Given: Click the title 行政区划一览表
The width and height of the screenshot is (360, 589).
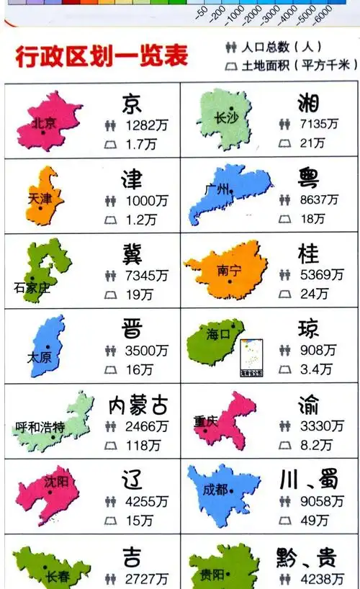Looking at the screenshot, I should [102, 56].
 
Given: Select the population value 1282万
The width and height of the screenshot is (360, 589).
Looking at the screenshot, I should [146, 125].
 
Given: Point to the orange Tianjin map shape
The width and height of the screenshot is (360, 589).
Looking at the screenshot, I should [45, 194].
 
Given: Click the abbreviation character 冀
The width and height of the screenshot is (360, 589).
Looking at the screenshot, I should [132, 253].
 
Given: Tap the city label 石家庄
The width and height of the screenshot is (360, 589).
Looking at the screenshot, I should [32, 288].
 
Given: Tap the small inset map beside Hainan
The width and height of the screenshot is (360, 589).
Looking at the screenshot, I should [251, 359].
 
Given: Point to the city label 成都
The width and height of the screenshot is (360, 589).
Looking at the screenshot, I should [215, 490].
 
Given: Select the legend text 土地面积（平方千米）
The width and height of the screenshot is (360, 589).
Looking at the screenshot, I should [299, 66].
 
